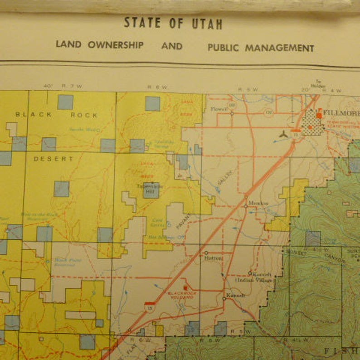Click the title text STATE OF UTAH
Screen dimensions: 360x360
pyautogui.click(x=173, y=23)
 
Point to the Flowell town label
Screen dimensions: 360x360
pyautogui.click(x=220, y=109)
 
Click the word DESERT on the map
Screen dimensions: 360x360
pyautogui.click(x=53, y=159)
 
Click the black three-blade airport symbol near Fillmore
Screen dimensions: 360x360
pyautogui.click(x=283, y=135)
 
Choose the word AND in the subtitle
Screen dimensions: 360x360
pyautogui.click(x=172, y=46)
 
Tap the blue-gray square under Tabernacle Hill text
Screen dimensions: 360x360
pyautogui.click(x=151, y=192)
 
